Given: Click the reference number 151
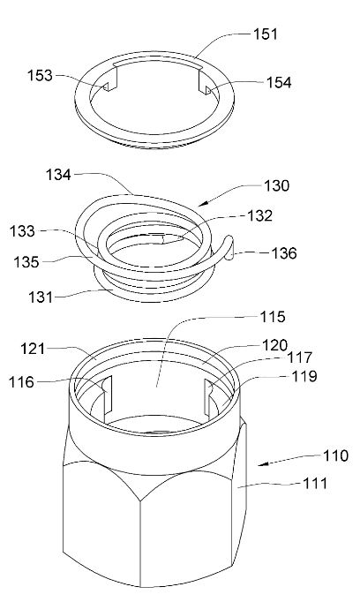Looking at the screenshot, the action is (x=266, y=34).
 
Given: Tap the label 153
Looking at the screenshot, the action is (x=40, y=75).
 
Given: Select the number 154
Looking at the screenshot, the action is (x=279, y=83).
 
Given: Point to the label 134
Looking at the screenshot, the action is (x=59, y=175).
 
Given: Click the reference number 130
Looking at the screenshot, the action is (x=277, y=186).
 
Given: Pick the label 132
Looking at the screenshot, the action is (x=259, y=215).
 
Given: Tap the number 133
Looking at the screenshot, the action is (x=22, y=231).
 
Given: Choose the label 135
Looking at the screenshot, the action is (x=26, y=262).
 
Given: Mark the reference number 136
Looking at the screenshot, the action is (x=284, y=253).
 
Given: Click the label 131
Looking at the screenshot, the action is (x=41, y=297).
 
